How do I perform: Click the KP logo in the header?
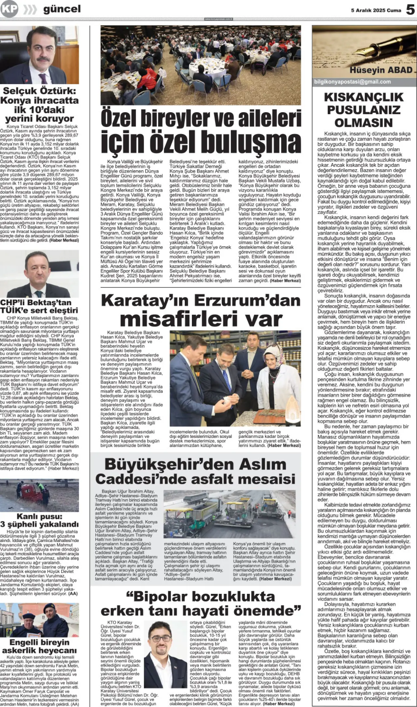(x=9, y=10)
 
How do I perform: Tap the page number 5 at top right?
(x=410, y=10)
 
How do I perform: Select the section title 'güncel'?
(x=62, y=9)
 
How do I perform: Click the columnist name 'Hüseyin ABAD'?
(x=381, y=70)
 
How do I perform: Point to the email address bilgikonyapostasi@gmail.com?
(x=352, y=82)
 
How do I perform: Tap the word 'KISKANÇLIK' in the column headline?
(x=364, y=97)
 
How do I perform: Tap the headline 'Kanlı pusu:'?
(x=39, y=517)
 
